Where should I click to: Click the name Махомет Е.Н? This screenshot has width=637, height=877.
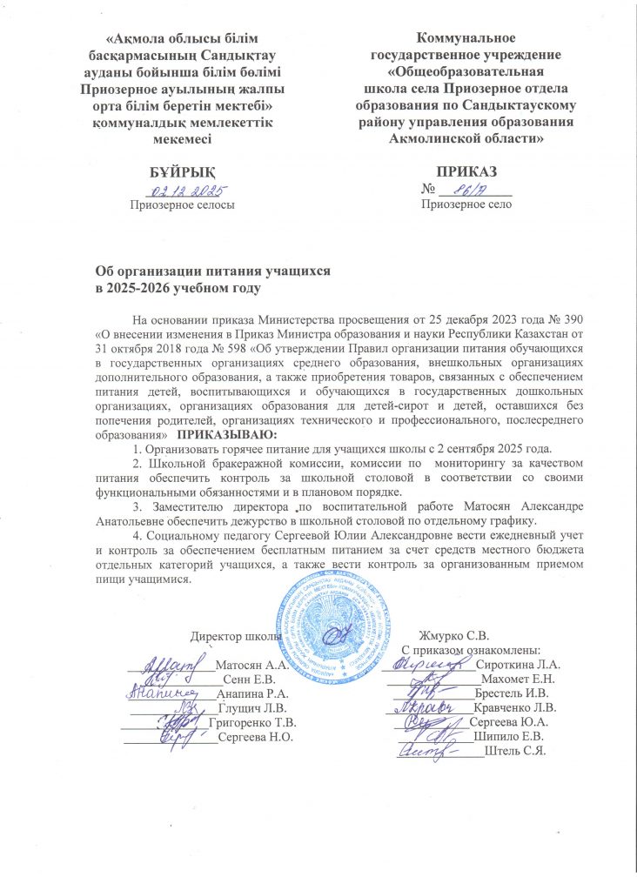520,679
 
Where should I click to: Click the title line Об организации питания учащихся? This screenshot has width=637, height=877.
212,271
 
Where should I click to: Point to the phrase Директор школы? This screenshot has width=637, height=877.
236,634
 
